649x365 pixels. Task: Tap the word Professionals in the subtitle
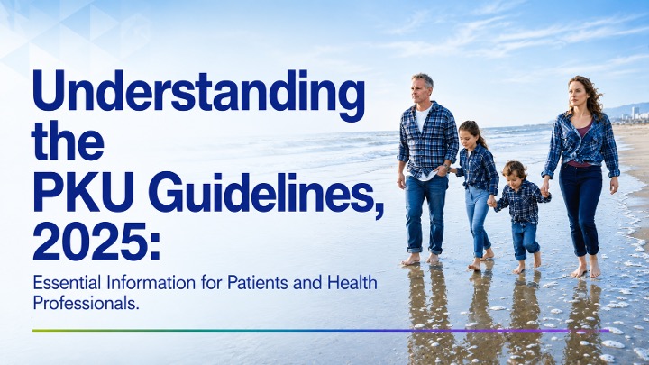tap(85, 304)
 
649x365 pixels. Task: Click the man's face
tap(420, 90)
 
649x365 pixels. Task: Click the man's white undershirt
tap(422, 120)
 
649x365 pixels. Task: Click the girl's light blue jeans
tap(478, 219)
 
